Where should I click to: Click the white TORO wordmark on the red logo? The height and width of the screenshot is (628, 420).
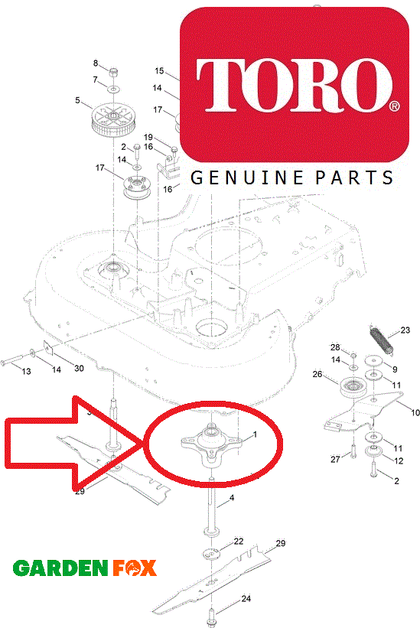click(295, 86)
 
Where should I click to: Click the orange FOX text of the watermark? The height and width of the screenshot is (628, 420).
click(134, 568)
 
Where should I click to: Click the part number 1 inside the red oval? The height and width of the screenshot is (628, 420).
click(255, 434)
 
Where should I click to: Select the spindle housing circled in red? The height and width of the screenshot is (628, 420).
click(211, 444)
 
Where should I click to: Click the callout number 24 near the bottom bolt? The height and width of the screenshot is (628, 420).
click(246, 598)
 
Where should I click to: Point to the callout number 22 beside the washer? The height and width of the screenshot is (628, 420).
click(239, 541)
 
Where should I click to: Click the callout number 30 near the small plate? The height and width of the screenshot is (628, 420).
click(80, 368)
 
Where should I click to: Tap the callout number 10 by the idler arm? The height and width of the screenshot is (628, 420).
click(415, 412)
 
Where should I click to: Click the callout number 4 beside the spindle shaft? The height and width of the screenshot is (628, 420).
click(232, 498)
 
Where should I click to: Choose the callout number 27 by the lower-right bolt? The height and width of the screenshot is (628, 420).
click(335, 459)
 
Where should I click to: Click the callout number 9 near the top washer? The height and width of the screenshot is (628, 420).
click(396, 369)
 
